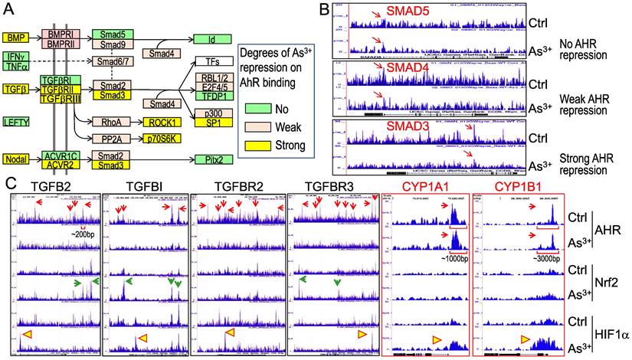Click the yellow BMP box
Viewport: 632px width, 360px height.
click(14, 36)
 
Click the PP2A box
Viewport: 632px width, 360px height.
click(108, 140)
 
